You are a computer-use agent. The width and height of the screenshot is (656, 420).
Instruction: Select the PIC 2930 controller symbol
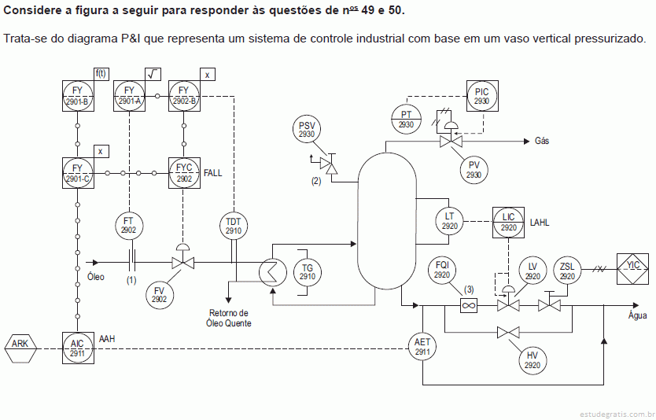tap(482, 96)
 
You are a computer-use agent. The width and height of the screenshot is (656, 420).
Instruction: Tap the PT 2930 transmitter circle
tap(406, 119)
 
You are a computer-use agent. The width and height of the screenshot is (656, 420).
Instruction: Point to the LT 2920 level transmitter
tap(449, 220)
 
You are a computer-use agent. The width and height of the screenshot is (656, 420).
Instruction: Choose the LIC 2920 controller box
tap(508, 222)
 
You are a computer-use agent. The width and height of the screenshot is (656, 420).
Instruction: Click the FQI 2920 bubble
tap(442, 270)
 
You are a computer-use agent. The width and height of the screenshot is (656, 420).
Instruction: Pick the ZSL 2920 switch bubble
tap(567, 271)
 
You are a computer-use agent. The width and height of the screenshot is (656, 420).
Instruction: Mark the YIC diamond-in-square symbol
tap(633, 268)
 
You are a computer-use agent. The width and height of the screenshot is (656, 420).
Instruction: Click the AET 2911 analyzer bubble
tap(422, 347)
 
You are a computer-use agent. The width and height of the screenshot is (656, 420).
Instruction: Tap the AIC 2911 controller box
tap(78, 348)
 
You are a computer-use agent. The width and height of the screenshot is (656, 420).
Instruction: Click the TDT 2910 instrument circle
tap(234, 226)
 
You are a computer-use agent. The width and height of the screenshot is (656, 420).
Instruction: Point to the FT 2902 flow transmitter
tap(129, 226)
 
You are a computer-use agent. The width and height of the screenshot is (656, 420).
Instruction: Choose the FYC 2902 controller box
tap(184, 173)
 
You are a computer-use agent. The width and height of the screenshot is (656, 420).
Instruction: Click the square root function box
tap(153, 74)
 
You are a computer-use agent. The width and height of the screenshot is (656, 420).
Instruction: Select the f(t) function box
tap(101, 74)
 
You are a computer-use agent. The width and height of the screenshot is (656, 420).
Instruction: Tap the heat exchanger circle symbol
tap(273, 272)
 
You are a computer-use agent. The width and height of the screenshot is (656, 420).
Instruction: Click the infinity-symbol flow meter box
tap(469, 305)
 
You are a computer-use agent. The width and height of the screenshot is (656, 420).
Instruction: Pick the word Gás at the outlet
tap(542, 141)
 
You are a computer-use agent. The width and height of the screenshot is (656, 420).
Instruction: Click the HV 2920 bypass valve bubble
tap(533, 360)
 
